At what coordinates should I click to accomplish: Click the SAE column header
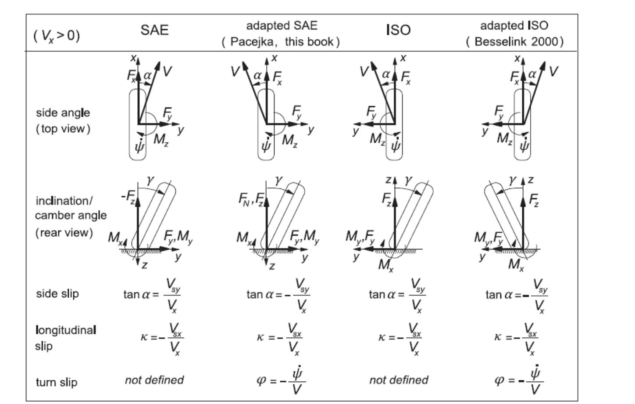(x=154, y=30)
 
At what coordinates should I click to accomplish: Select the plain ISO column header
(x=398, y=30)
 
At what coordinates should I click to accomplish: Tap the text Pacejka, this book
(x=281, y=42)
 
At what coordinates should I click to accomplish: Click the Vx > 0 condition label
(x=57, y=36)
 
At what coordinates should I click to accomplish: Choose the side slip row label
(x=57, y=294)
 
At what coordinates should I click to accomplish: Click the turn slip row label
(x=57, y=382)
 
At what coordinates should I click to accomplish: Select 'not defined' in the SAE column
(x=154, y=380)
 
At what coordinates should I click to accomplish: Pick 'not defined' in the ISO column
(x=399, y=380)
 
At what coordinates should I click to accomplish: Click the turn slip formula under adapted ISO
(x=519, y=380)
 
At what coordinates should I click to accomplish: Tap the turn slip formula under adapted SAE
(x=281, y=380)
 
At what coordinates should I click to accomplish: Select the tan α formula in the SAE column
(x=152, y=296)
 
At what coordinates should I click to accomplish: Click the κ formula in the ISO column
(x=400, y=339)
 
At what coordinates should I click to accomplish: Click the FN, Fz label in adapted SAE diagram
(x=251, y=199)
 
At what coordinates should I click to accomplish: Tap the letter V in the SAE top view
(x=167, y=71)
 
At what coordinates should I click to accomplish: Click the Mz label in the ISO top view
(x=377, y=139)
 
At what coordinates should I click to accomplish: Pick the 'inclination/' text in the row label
(x=64, y=201)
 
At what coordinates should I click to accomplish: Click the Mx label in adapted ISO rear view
(x=516, y=265)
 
